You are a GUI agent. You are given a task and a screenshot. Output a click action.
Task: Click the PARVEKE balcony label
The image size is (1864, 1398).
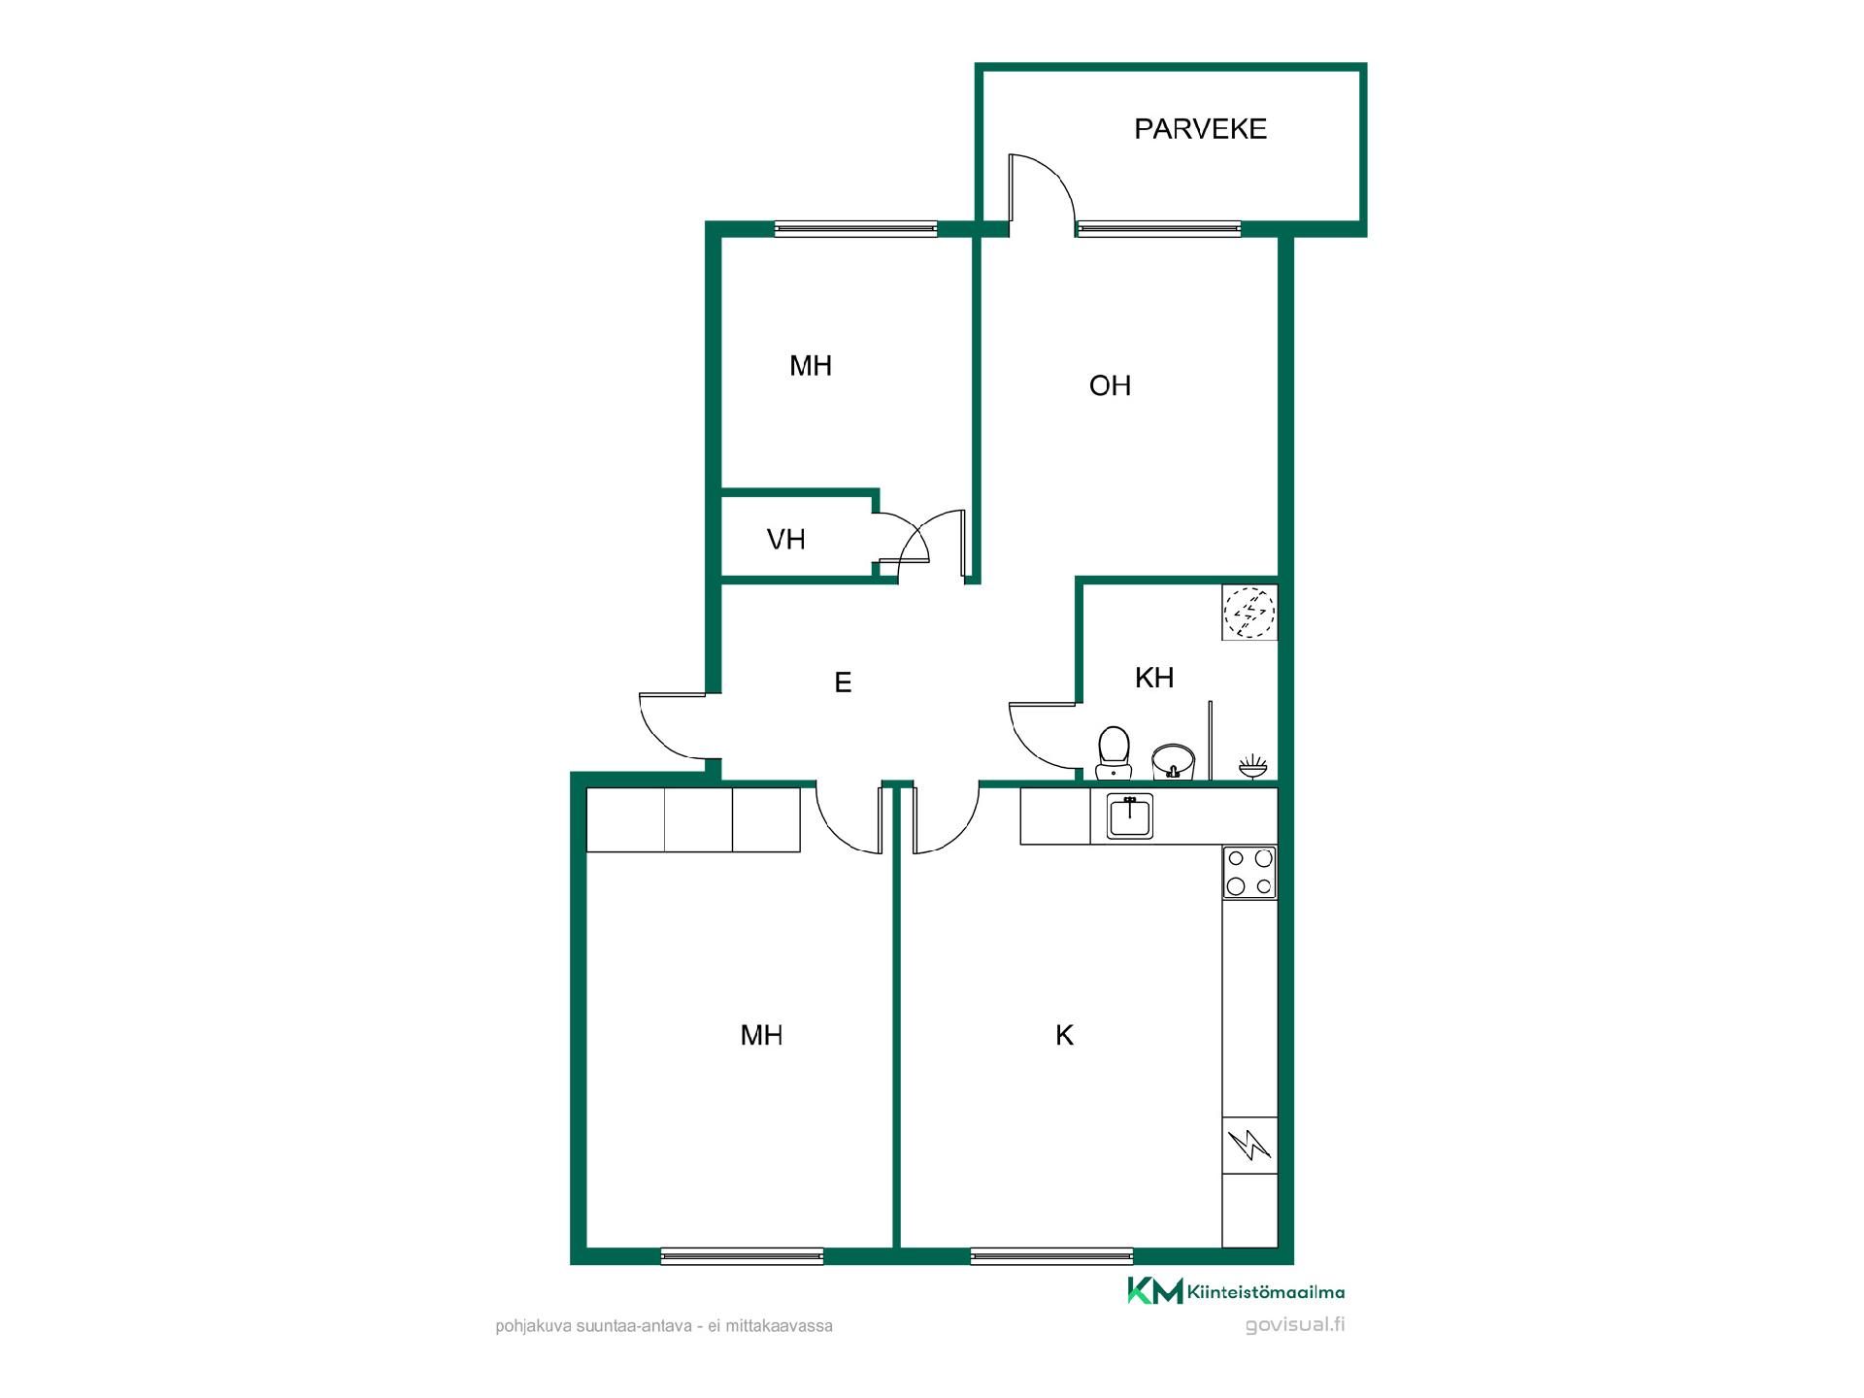coord(1200,129)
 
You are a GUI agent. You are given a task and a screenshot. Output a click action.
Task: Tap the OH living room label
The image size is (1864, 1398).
coord(1110,386)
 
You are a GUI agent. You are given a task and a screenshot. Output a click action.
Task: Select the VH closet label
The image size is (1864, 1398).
coord(785,540)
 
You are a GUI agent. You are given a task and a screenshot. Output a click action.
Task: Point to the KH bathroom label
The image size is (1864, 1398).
coord(1154,678)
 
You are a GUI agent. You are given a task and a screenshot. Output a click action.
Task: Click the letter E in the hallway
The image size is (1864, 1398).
coord(843,683)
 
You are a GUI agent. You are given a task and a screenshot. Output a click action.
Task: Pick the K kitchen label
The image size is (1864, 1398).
coord(1064,1036)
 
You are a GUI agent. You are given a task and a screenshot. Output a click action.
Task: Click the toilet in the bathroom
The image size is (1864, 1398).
coord(1114,753)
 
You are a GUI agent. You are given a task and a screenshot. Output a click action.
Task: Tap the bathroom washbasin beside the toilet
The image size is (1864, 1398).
coord(1173,760)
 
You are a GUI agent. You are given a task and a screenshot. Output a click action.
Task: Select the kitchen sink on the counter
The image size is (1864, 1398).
coord(1130,815)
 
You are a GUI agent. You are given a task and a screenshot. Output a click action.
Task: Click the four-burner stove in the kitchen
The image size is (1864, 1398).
coord(1249,872)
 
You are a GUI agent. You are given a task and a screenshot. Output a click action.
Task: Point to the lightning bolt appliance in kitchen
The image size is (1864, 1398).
coord(1249,1146)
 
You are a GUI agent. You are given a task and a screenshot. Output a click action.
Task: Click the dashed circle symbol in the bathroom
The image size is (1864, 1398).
coord(1249,612)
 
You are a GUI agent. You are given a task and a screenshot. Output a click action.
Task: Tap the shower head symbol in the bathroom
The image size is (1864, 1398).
coord(1252,766)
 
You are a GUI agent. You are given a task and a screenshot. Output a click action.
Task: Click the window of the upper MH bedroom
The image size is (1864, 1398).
coord(855,229)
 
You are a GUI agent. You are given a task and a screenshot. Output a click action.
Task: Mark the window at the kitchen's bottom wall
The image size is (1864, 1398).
coord(1051,1256)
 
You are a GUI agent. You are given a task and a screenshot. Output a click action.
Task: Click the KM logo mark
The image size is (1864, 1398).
coord(1155,1291)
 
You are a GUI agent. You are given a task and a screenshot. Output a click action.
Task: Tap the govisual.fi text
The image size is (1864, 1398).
coord(1295,1325)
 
